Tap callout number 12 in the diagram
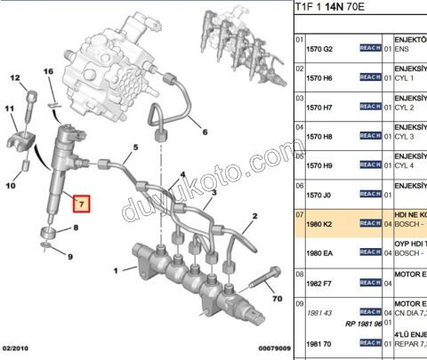point(15,79)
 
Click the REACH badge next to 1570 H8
point(369,136)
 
